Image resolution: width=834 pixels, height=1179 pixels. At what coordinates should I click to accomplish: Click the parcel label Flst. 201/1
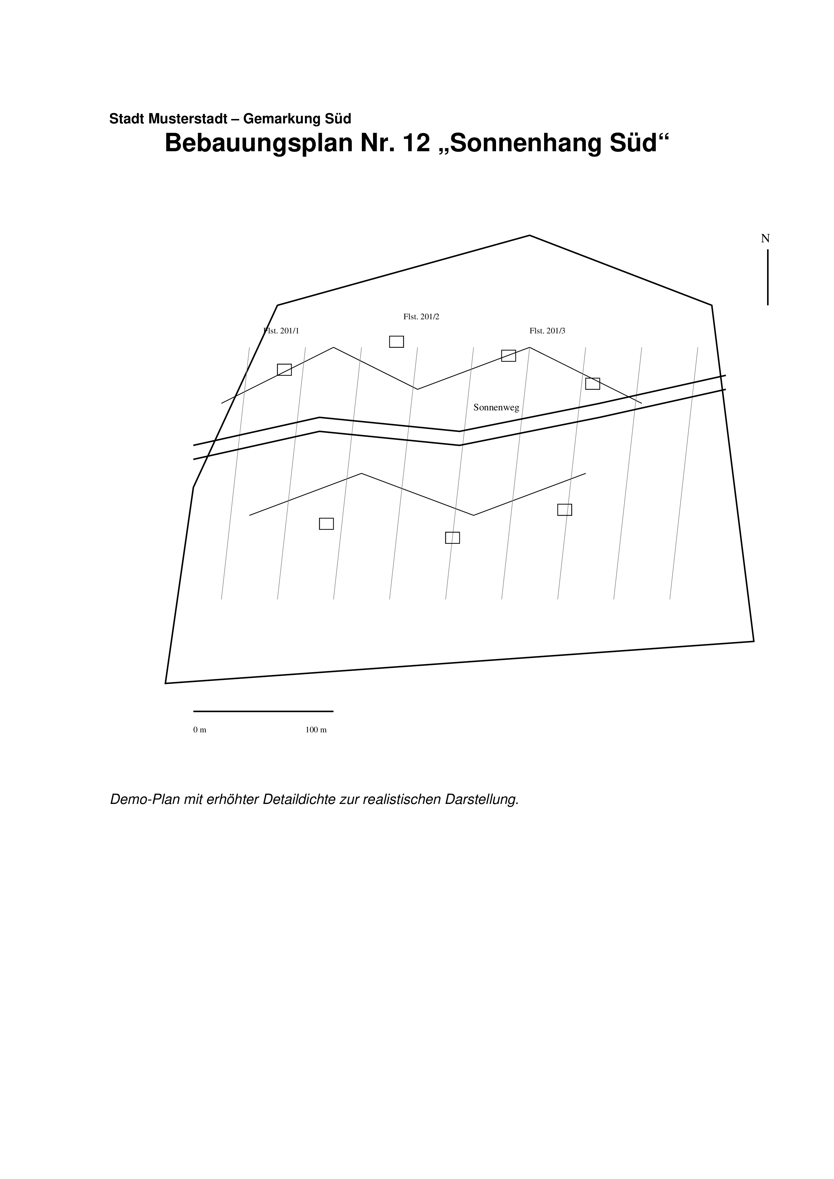click(281, 331)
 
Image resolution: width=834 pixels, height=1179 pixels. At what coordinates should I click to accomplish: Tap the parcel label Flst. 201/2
click(421, 317)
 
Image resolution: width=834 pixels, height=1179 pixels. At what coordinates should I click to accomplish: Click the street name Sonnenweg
click(496, 408)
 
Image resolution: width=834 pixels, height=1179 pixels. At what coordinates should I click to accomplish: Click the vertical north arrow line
click(768, 277)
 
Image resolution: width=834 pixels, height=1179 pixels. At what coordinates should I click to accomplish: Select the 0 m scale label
click(200, 730)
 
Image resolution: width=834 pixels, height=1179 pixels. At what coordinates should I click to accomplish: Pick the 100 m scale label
click(316, 730)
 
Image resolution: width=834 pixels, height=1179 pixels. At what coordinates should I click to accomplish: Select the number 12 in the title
click(416, 143)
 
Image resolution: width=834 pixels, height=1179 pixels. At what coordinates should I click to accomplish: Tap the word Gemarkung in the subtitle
click(281, 119)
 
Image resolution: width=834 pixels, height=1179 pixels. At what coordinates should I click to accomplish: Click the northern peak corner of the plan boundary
click(529, 236)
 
